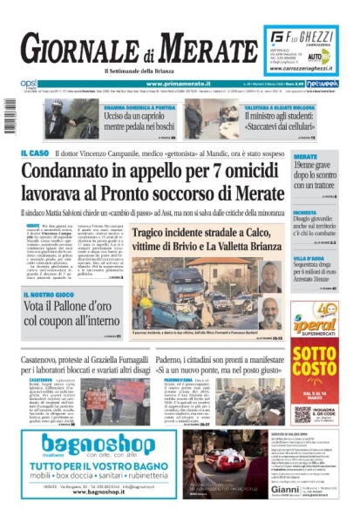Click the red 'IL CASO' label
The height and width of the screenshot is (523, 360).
tap(35, 153)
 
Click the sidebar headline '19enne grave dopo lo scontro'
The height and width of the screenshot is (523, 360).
tap(314, 175)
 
